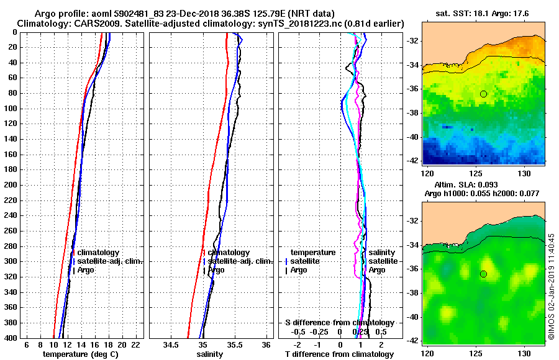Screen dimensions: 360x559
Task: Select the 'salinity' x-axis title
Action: (210, 354)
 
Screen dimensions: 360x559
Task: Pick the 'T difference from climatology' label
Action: (339, 354)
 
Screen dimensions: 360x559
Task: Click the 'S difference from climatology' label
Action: (339, 323)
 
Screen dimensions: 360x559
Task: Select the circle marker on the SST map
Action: (483, 94)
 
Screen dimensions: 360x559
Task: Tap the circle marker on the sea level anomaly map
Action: (483, 274)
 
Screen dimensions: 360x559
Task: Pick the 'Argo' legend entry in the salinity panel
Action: (216, 270)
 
